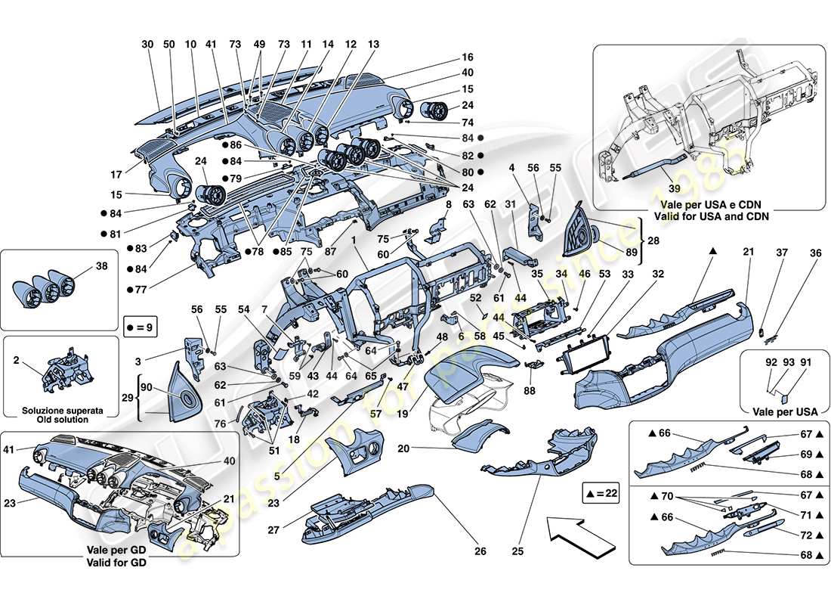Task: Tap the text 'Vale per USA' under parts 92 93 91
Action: pyautogui.click(x=780, y=411)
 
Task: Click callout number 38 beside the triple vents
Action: pyautogui.click(x=103, y=266)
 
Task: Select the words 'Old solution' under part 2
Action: pyautogui.click(x=60, y=419)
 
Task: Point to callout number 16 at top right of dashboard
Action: pyautogui.click(x=468, y=57)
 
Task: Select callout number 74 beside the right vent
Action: pyautogui.click(x=468, y=122)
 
